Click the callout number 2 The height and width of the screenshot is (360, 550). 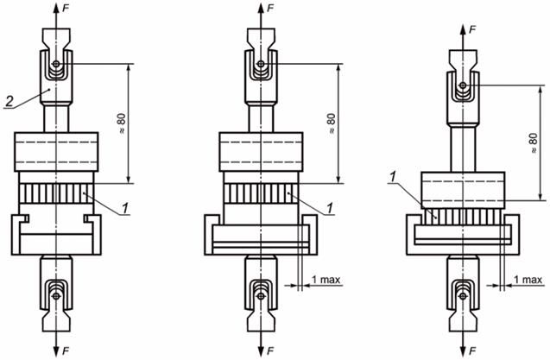9,101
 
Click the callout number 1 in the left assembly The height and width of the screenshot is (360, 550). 125,208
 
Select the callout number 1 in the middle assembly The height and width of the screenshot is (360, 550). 329,208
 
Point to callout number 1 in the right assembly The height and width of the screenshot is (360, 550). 393,177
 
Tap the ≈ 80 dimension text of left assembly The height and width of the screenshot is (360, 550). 122,124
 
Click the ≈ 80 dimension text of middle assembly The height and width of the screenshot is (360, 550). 332,123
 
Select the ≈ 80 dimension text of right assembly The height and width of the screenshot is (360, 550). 534,143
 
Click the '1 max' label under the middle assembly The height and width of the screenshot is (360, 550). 326,280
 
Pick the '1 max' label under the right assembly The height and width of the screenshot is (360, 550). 528,280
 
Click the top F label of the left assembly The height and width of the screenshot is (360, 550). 66,9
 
